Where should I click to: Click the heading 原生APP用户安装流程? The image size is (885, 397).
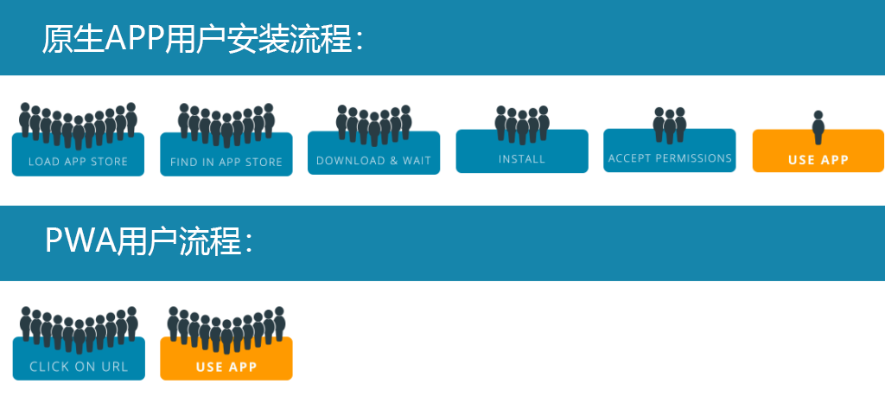tap(202, 39)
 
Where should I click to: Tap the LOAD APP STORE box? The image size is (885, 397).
tap(78, 161)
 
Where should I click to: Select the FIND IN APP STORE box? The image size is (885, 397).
tap(226, 162)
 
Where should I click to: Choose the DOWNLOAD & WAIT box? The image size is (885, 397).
tap(373, 161)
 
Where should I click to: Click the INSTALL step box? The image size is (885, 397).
tap(522, 159)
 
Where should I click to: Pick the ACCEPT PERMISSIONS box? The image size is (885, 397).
tap(670, 158)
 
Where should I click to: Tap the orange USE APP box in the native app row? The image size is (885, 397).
tap(818, 159)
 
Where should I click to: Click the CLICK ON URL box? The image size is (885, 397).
tap(79, 366)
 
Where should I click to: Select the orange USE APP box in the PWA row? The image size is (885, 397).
tap(226, 367)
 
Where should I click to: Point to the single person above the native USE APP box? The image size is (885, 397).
tap(818, 125)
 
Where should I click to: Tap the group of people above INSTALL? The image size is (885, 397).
tap(522, 124)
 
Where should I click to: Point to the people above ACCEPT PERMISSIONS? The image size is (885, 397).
tap(670, 124)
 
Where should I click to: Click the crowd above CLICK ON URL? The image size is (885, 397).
tap(78, 327)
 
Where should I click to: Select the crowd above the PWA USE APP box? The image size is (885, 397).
tap(226, 327)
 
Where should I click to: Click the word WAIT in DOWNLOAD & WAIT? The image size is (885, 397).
tap(417, 161)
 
